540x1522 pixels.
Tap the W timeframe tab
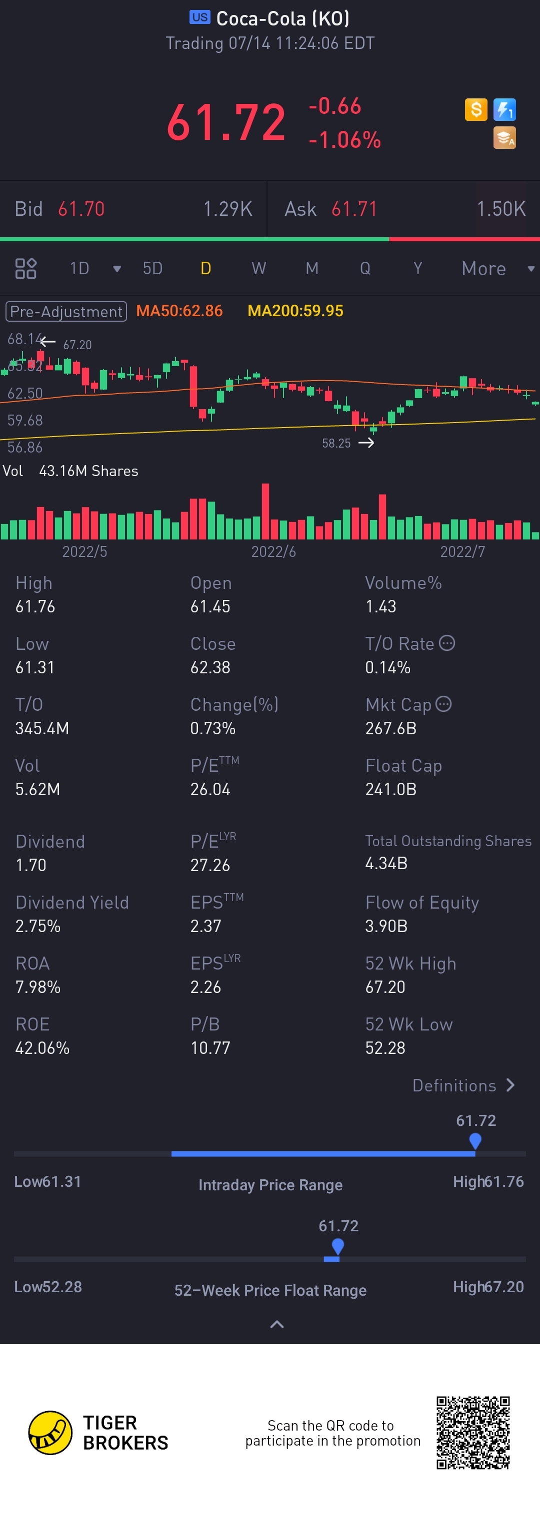click(x=258, y=269)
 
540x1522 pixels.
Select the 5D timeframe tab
click(x=152, y=269)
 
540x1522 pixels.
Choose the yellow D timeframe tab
click(x=206, y=269)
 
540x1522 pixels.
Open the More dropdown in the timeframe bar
click(x=497, y=269)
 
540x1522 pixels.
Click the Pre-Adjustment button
click(x=66, y=311)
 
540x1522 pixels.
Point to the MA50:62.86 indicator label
click(x=179, y=311)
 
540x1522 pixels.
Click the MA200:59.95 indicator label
click(x=295, y=311)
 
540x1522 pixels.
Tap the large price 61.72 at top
click(x=226, y=123)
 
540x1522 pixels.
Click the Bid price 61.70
click(x=81, y=209)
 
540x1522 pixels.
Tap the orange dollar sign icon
click(x=476, y=109)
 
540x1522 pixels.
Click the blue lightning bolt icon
click(x=504, y=109)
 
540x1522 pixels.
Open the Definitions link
click(x=463, y=1085)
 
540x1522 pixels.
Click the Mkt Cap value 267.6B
click(x=391, y=728)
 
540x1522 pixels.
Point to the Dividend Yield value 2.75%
click(x=38, y=926)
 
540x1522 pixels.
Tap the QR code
click(x=473, y=1432)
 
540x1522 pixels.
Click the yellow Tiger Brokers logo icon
click(x=50, y=1432)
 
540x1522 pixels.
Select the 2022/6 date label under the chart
click(x=273, y=552)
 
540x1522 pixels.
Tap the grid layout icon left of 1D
click(x=25, y=269)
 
